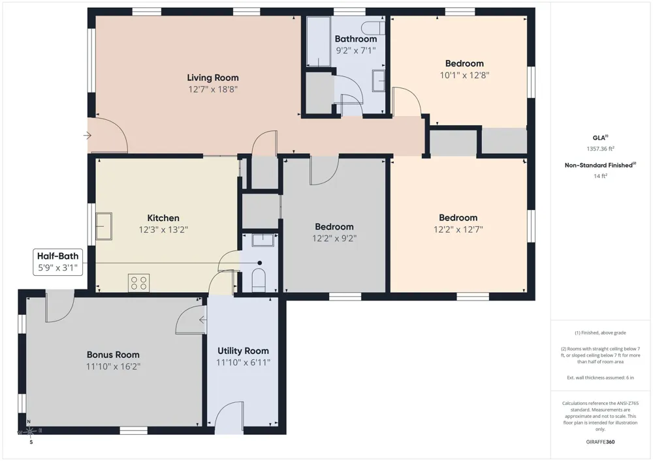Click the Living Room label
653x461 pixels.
point(213,78)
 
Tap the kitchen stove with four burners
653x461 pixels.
point(138,283)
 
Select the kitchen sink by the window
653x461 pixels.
point(104,226)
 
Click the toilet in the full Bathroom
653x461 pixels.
point(373,28)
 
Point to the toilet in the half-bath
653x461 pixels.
point(259,279)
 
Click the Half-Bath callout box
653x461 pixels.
point(58,262)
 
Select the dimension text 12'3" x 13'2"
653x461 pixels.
point(163,230)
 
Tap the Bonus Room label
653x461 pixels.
point(113,355)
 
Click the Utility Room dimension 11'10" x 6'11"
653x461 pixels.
point(243,363)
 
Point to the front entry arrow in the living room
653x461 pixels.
point(87,136)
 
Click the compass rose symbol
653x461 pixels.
point(29,432)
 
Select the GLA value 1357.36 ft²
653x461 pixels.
point(601,149)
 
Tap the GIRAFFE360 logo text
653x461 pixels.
point(600,442)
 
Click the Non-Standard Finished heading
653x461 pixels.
point(600,165)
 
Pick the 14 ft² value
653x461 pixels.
point(601,176)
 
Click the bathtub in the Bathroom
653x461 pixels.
point(319,42)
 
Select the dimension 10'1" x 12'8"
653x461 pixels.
point(464,75)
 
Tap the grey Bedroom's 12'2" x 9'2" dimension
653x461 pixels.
point(334,238)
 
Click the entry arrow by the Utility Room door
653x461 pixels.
point(202,320)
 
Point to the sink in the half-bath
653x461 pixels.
point(263,240)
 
